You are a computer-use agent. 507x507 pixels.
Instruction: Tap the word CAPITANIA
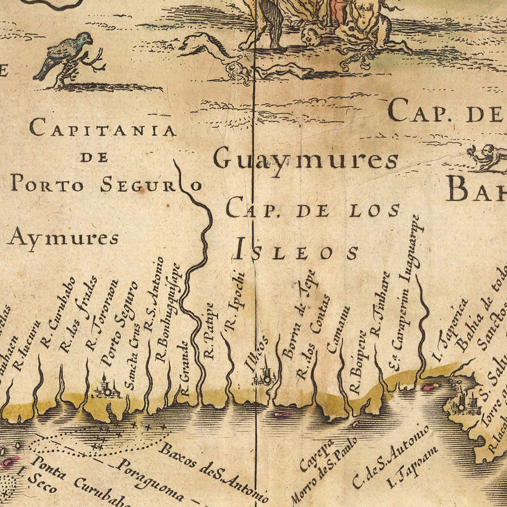coord(103,129)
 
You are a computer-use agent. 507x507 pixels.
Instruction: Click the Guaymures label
coord(306,160)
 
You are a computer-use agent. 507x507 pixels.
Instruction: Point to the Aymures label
coord(63,238)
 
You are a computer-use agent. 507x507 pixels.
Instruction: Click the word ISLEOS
coord(296,251)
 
